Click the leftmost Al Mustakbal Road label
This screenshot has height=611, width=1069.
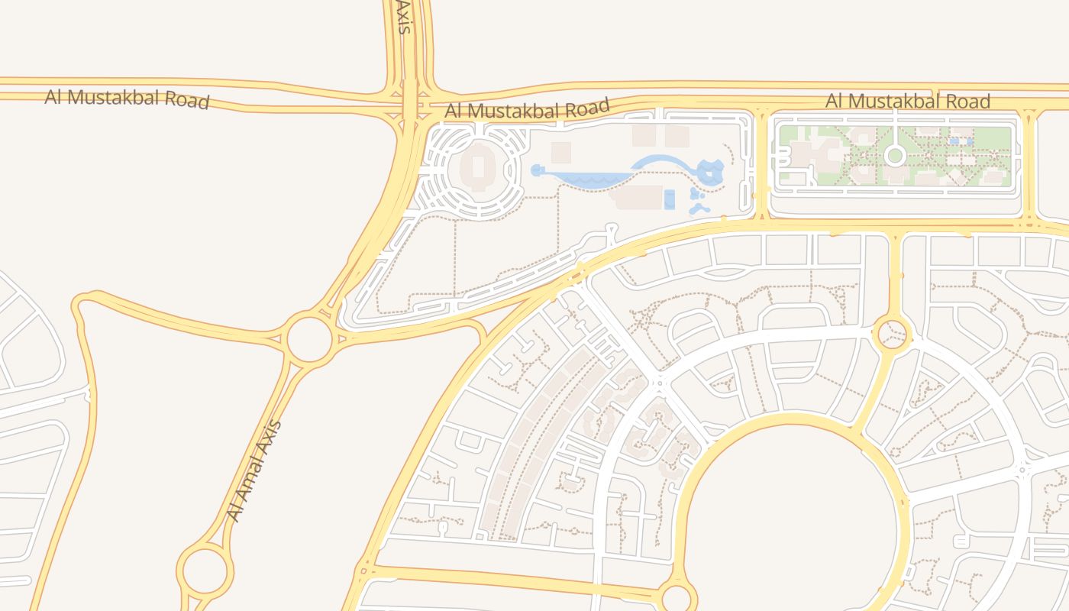(x=127, y=99)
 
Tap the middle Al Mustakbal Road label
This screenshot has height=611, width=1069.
(x=527, y=109)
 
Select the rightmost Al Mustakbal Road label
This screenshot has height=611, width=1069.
(x=908, y=101)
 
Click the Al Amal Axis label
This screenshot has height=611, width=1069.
(x=255, y=471)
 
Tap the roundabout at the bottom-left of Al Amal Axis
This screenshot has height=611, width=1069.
(x=205, y=570)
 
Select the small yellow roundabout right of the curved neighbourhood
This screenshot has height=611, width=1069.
(x=891, y=334)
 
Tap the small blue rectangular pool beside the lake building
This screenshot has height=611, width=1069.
(x=670, y=199)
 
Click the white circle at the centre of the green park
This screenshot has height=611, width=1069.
(x=895, y=156)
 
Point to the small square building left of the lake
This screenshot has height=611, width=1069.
(x=561, y=152)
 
